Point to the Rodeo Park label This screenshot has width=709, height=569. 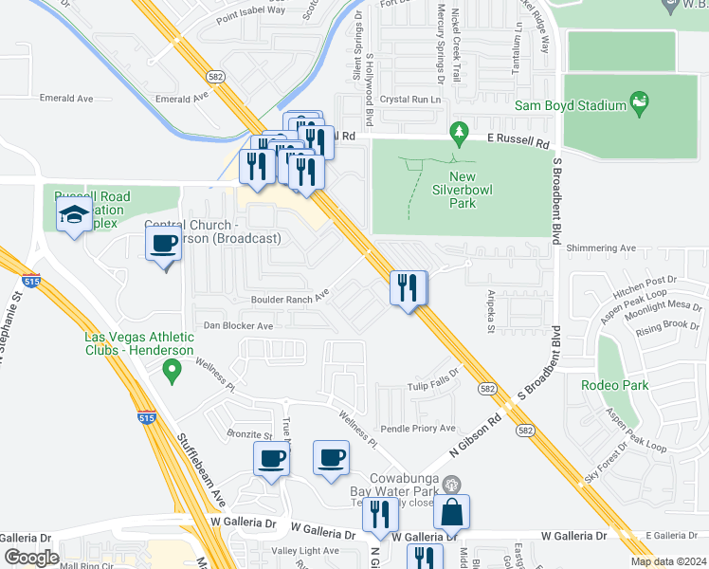(615, 385)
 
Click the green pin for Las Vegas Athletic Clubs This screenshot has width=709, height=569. (172, 371)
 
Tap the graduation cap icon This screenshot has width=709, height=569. (74, 215)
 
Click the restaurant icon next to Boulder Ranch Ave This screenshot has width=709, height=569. (409, 287)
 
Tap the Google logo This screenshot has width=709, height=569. (32, 558)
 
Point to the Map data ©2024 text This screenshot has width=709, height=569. (667, 561)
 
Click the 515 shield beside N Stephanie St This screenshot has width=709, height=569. (27, 280)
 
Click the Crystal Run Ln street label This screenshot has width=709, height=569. (412, 100)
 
